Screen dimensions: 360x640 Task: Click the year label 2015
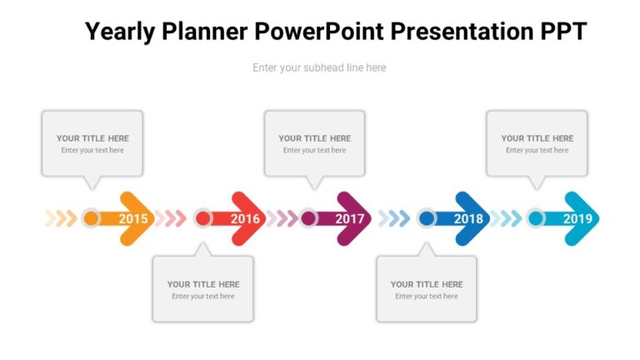click(x=133, y=219)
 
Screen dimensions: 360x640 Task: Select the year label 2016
click(x=245, y=219)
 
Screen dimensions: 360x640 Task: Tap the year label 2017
click(x=350, y=219)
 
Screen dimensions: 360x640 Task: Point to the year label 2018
click(x=468, y=219)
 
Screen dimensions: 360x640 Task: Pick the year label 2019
click(x=577, y=219)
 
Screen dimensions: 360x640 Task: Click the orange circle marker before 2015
click(x=92, y=218)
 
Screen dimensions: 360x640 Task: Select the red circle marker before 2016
click(x=202, y=218)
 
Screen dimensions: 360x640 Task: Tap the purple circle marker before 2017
click(x=308, y=218)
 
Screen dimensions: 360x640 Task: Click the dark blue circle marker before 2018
click(x=427, y=218)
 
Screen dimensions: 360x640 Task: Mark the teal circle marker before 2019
click(x=536, y=218)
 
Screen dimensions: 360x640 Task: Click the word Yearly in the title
click(x=122, y=32)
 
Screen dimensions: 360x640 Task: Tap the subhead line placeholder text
click(x=319, y=67)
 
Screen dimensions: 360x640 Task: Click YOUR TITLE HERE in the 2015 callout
click(x=92, y=138)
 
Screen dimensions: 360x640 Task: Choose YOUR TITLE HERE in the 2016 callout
click(x=203, y=284)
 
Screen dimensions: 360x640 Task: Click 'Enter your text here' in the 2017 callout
click(x=314, y=151)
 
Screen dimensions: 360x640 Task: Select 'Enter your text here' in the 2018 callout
click(x=426, y=297)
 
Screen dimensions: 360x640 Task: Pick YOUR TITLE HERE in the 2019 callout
click(x=537, y=138)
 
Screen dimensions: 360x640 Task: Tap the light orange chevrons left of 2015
click(x=61, y=218)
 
